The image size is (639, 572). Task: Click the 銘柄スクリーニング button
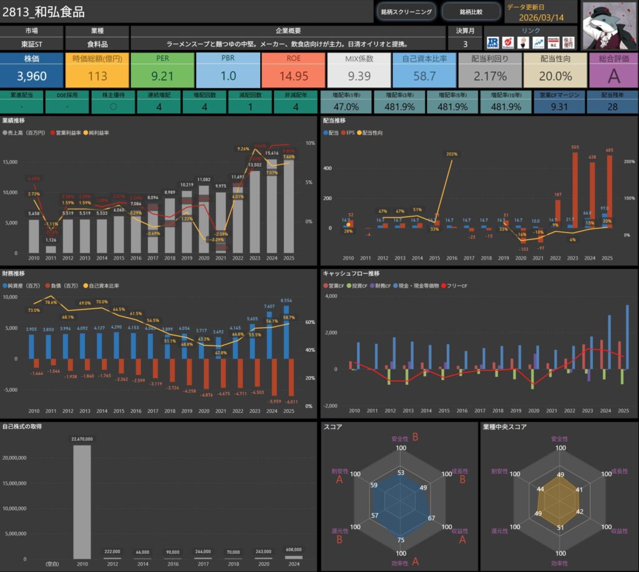point(406,11)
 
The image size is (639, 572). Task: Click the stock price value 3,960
point(32,76)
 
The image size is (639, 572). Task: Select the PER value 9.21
point(162,76)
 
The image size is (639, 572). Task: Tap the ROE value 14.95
point(293,76)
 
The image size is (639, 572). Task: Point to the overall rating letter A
point(613,76)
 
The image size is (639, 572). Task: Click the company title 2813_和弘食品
point(44,12)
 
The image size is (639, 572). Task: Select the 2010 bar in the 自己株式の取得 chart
point(81,502)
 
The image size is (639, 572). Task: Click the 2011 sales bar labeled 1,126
point(51,249)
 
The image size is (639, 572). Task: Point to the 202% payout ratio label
point(452,154)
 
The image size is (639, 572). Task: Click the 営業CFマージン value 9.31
point(559,107)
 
